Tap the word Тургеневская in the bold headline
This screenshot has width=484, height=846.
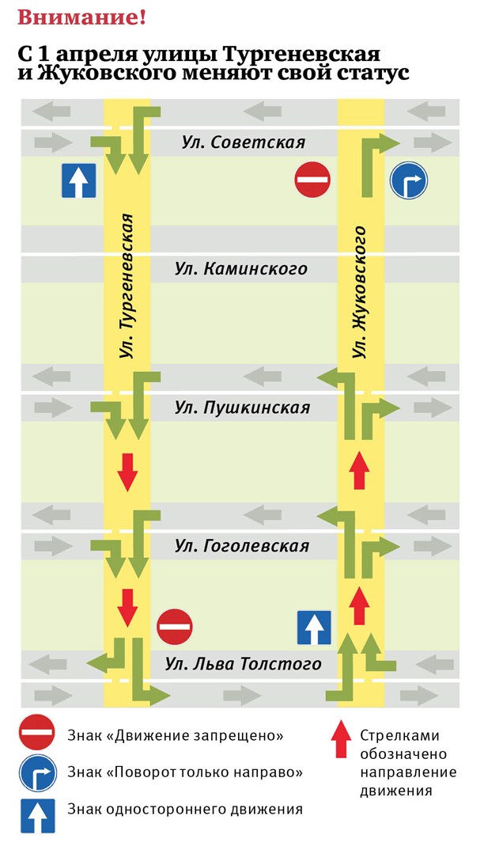click(x=301, y=55)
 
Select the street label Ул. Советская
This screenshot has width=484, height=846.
click(x=242, y=142)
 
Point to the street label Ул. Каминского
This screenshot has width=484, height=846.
click(x=240, y=269)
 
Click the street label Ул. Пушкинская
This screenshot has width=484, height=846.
click(x=242, y=408)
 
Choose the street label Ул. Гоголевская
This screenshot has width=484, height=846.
click(x=242, y=546)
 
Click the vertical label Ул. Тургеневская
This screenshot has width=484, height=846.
click(x=126, y=285)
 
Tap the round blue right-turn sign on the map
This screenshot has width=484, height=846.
click(x=408, y=180)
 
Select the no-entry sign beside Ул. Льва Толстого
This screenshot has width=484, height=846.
click(x=175, y=627)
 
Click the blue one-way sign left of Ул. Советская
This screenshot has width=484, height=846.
click(x=79, y=180)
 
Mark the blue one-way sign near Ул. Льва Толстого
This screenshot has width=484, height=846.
click(x=313, y=628)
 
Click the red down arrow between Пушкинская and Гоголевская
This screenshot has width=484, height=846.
click(x=127, y=472)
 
